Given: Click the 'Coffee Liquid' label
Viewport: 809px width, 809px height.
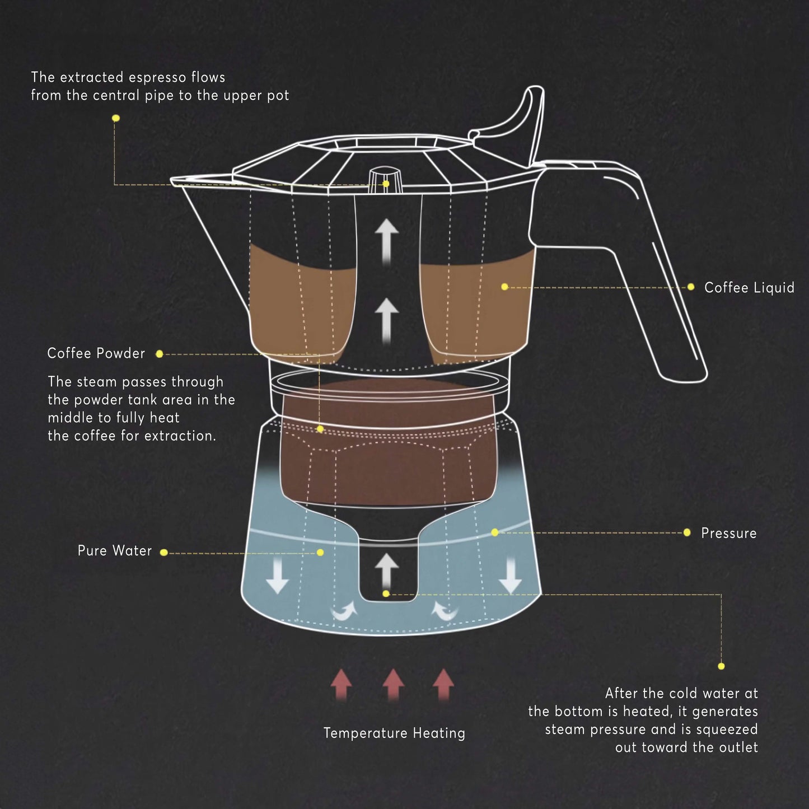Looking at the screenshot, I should [x=749, y=288].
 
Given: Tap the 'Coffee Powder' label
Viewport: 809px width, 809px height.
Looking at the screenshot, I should [x=96, y=353].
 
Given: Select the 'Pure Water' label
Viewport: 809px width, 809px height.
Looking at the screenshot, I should [x=114, y=551].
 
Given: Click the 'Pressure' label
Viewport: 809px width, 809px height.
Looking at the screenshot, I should [x=728, y=533].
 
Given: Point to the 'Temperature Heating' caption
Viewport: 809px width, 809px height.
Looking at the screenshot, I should [x=394, y=733].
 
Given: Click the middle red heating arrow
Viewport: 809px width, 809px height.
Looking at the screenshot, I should [x=393, y=684].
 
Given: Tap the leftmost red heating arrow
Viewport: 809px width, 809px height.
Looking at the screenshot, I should [x=341, y=684].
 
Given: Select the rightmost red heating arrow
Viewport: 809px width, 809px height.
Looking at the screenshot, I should [x=443, y=684].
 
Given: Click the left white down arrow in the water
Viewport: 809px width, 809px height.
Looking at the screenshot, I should [x=277, y=577].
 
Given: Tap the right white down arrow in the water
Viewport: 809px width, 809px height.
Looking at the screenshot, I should [x=510, y=577].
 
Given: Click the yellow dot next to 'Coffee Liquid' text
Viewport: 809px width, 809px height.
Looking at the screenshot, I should [x=690, y=287].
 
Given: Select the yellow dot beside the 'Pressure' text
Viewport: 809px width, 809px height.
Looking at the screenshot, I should [x=687, y=532].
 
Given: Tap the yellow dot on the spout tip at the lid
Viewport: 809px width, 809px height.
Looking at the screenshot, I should [x=386, y=184].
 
